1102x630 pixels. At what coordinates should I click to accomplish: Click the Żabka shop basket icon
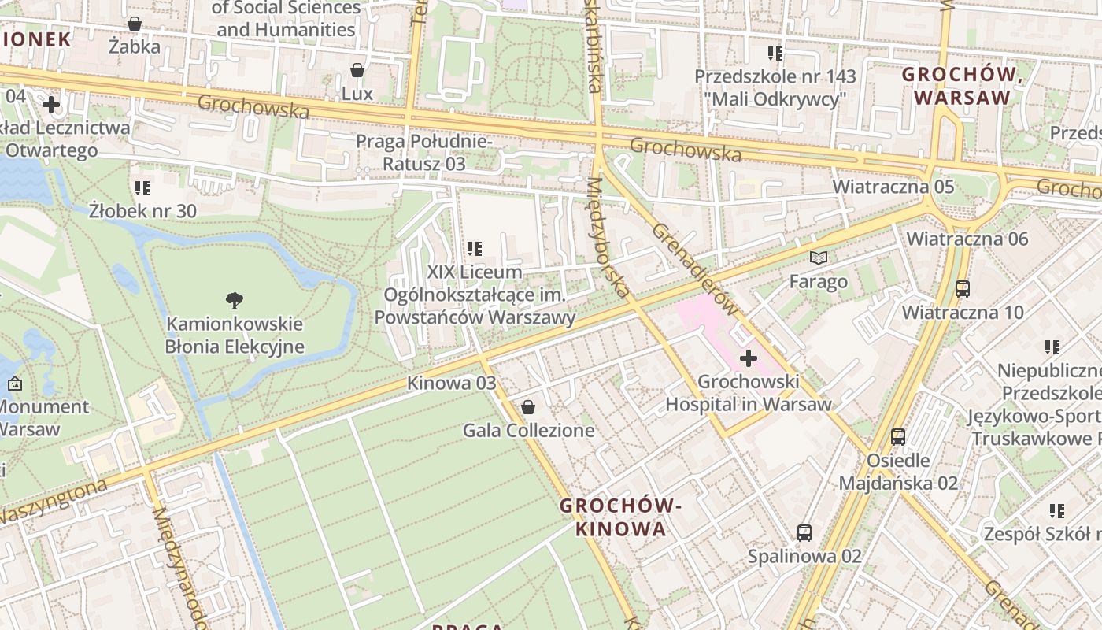point(135,24)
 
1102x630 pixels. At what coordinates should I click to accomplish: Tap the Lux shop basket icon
point(357,70)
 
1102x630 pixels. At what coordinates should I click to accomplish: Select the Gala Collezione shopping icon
point(528,406)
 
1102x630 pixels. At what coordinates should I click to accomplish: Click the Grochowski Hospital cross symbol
point(748,359)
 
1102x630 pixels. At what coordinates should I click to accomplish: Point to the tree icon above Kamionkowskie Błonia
point(234,300)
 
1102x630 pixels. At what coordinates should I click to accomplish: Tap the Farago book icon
point(819,258)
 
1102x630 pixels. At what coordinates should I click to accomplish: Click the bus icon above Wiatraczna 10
point(962,288)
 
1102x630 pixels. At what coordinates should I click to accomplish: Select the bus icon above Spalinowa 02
point(804,532)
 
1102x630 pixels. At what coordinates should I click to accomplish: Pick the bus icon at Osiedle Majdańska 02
point(898,436)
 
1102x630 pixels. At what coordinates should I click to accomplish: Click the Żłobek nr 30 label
point(142,211)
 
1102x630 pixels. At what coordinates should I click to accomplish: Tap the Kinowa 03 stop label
point(452,384)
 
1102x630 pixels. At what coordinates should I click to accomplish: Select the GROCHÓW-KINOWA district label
point(620,517)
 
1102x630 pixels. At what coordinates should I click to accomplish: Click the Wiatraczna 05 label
point(893,187)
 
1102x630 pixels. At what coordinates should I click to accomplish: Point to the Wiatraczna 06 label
point(967,239)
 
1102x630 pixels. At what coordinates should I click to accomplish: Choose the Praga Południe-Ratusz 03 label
point(423,153)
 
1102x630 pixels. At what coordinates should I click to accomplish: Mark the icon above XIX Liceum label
point(475,249)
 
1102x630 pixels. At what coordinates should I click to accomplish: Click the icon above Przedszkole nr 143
point(775,54)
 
